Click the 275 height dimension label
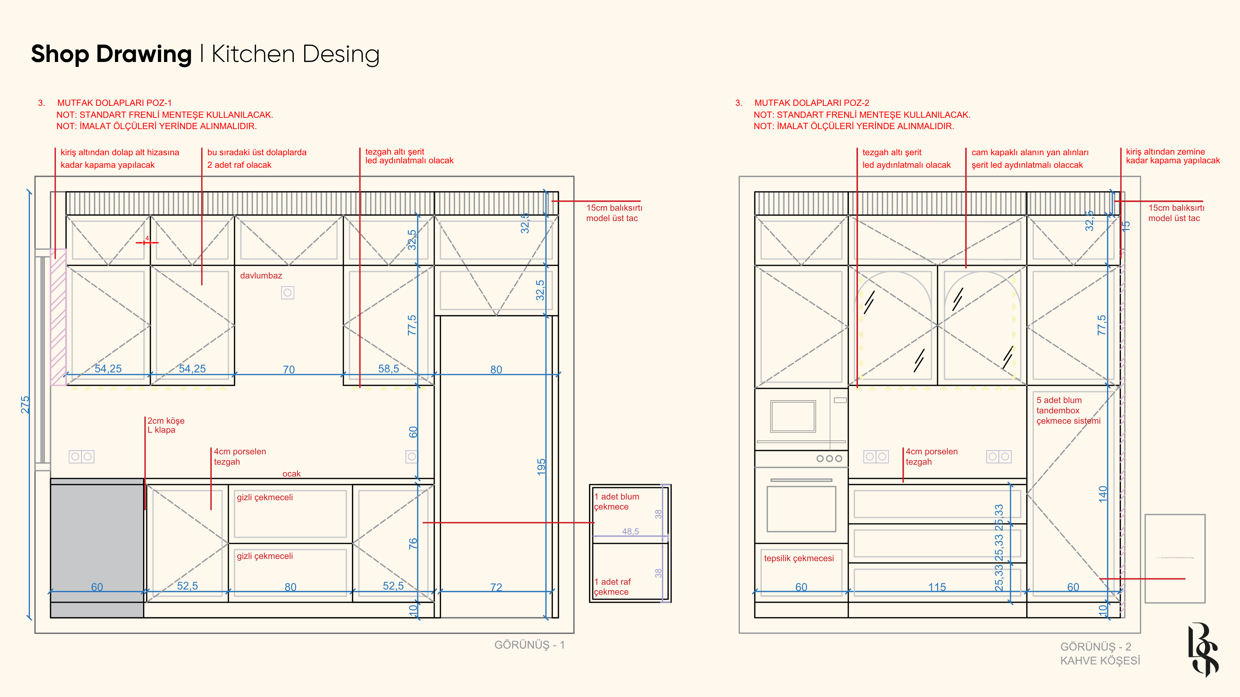tap(25, 405)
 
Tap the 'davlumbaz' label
tap(261, 276)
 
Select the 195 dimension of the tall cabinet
tap(542, 467)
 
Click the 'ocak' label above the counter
tap(291, 474)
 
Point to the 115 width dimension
tap(937, 587)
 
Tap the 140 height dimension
tap(1103, 494)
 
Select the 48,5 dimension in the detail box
tap(630, 531)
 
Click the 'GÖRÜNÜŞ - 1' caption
tap(529, 645)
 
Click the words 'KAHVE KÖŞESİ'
tap(1100, 661)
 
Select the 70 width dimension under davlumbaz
tap(288, 369)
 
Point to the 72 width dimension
tap(496, 587)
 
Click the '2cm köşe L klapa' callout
tap(166, 425)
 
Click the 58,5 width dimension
tap(388, 369)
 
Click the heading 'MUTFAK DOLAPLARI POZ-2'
tap(811, 103)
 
